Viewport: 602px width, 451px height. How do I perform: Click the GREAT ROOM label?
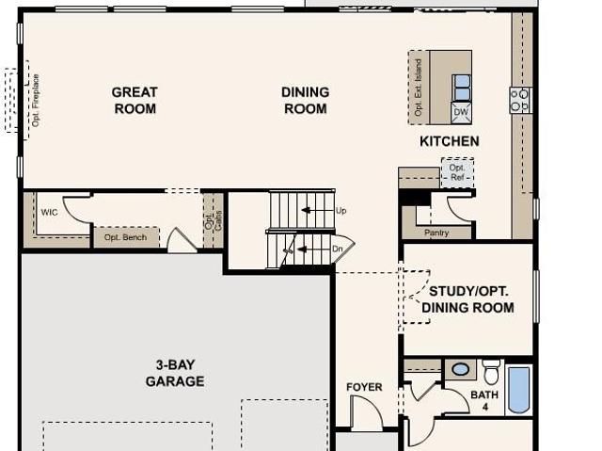[135, 100]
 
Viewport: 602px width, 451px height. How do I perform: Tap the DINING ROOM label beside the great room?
[305, 100]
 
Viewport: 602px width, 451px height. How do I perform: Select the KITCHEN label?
[450, 141]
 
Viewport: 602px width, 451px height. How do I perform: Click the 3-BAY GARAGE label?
[175, 373]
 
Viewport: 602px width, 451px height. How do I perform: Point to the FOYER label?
[364, 387]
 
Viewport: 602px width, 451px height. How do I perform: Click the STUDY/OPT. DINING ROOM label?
[468, 299]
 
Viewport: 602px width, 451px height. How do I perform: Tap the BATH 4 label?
[484, 400]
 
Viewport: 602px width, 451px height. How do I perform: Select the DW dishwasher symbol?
[461, 112]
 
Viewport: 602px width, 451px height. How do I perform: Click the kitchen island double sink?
[462, 88]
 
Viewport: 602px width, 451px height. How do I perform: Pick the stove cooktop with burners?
[520, 100]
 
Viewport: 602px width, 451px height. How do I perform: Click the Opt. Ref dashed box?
[457, 172]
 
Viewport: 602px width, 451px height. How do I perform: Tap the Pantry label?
[436, 233]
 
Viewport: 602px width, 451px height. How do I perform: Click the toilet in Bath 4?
[491, 372]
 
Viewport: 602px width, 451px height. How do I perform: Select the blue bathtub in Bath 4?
[518, 390]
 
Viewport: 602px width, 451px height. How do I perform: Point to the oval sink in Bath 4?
[460, 369]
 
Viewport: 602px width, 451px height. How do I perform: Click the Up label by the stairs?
[341, 211]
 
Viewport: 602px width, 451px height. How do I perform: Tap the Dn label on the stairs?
[337, 249]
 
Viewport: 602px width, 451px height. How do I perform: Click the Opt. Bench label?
[125, 237]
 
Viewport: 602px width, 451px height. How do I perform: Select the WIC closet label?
[49, 212]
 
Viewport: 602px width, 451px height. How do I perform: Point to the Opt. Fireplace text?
[36, 100]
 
